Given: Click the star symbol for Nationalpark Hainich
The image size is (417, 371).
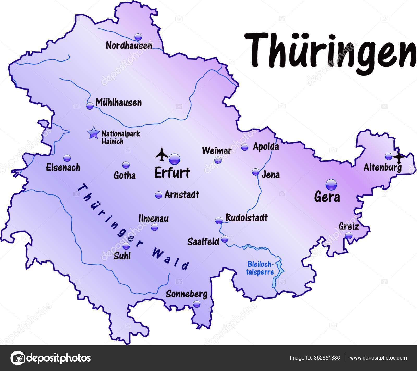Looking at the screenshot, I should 94,133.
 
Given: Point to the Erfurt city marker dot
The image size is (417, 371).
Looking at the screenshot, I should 174,158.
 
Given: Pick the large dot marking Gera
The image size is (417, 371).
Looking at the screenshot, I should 331,185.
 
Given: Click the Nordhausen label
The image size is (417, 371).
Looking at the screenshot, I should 129,46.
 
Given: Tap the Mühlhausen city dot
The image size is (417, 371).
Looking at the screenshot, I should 90,106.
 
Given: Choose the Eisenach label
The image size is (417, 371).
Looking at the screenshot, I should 63,167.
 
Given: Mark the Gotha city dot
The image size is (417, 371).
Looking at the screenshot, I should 126,165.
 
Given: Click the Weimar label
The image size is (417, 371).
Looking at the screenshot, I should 217,151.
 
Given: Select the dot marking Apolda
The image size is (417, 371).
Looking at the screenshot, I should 244,147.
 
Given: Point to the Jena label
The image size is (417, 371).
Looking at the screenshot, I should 271,174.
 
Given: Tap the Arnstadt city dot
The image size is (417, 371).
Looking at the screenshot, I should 158,195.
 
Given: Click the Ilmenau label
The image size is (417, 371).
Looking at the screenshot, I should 154,218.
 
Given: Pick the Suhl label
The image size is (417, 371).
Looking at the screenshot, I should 122,256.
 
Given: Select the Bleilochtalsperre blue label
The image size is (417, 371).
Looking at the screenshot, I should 260,268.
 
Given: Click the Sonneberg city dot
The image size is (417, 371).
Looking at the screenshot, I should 197,304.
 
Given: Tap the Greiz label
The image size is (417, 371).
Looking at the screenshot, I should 348,226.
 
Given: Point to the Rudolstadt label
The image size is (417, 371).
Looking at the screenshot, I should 247,217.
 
